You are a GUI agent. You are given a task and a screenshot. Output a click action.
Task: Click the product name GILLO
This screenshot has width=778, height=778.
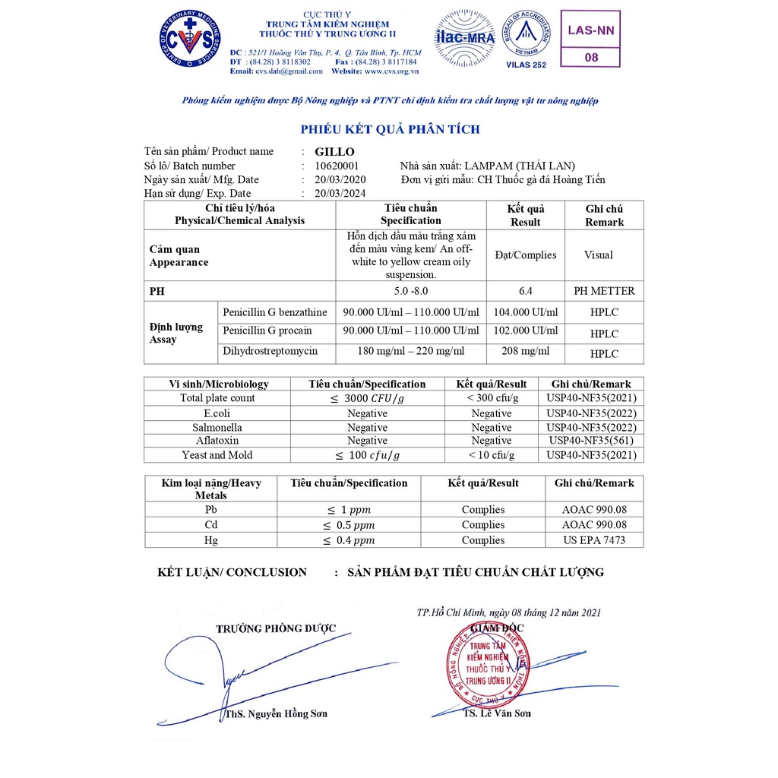pos(334,151)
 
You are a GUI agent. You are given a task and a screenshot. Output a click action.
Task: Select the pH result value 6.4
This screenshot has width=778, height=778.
pos(525,290)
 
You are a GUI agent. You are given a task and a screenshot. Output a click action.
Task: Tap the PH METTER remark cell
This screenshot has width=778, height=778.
pos(604,290)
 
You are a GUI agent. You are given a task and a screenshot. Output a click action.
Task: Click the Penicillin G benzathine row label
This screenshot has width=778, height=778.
pos(274,312)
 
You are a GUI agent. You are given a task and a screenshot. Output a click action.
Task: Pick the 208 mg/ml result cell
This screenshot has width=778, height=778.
pos(525,351)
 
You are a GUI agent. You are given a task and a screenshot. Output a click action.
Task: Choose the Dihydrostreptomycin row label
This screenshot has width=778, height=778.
pos(270,351)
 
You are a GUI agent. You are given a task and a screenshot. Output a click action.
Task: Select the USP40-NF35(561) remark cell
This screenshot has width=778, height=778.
pos(591,441)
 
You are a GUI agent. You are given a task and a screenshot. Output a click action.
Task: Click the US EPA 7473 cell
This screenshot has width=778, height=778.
pos(594,540)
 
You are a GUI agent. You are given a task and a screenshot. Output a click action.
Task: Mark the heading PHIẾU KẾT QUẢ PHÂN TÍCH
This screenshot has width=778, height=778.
pos(390,129)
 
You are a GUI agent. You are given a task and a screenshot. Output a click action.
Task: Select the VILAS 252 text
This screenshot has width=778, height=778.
pos(526,65)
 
